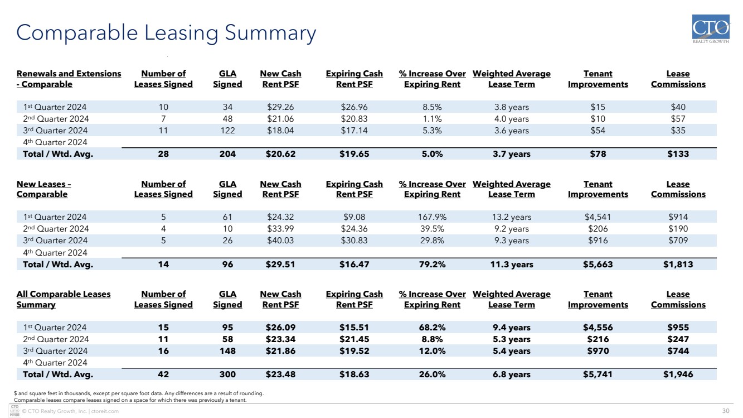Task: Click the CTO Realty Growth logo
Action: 711,29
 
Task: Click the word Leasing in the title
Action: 181,33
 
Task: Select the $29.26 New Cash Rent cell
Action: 280,107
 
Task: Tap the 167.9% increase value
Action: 432,217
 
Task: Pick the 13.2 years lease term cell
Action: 512,217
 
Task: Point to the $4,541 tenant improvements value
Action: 598,217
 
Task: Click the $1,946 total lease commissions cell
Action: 678,374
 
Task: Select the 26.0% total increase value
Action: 432,374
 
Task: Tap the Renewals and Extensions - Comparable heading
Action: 69,79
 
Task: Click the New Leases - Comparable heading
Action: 44,189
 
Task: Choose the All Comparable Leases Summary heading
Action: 64,299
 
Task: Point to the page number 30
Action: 726,411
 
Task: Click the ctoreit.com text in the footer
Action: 105,411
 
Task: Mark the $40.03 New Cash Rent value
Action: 280,240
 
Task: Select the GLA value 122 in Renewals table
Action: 227,130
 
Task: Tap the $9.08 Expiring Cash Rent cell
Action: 354,217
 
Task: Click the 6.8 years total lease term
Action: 512,374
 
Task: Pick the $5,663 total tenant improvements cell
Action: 598,265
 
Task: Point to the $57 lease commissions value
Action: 678,118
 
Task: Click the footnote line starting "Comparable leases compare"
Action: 130,400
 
